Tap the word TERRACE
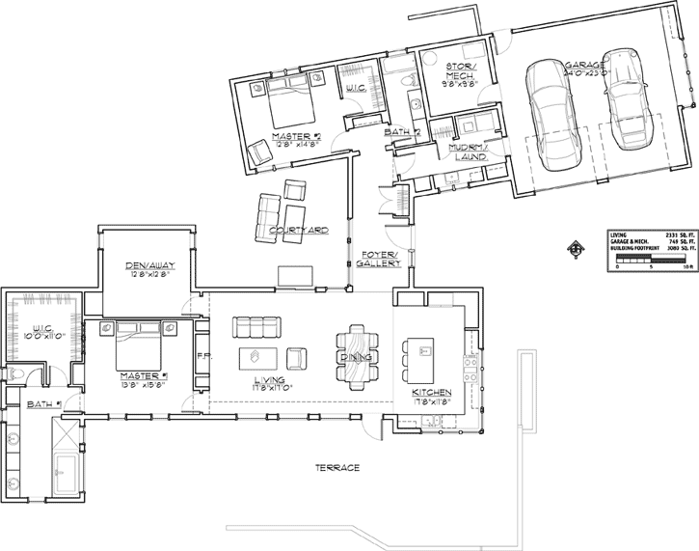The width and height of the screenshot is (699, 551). (337, 467)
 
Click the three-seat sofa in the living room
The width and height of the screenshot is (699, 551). (255, 326)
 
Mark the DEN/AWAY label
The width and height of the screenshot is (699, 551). (147, 269)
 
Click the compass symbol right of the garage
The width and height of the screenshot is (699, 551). (578, 249)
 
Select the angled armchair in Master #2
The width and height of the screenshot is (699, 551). (257, 152)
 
